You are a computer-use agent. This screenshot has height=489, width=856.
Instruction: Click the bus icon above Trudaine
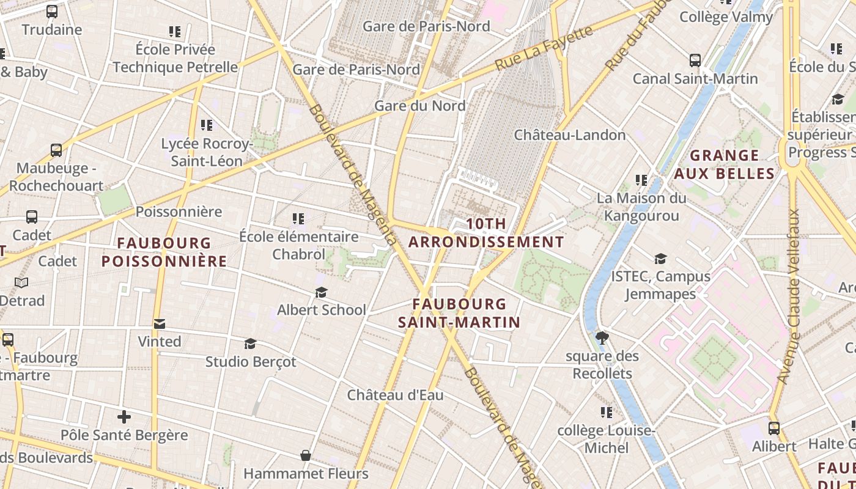click(52, 11)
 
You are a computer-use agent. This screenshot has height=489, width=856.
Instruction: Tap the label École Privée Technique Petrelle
click(175, 58)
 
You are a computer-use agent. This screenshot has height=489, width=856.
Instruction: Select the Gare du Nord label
click(419, 106)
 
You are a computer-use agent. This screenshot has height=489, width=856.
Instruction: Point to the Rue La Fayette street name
click(544, 48)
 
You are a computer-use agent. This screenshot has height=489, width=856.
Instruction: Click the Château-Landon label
click(569, 135)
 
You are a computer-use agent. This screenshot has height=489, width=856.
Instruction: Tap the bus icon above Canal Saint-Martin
click(695, 61)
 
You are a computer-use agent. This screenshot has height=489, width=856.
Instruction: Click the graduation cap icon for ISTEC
click(660, 259)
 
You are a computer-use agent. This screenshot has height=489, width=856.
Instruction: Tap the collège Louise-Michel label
click(606, 439)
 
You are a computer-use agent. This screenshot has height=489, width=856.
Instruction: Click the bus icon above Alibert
click(774, 428)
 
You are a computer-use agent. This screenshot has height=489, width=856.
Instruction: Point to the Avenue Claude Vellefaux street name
click(788, 297)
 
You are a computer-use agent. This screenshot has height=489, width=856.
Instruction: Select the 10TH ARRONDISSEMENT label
click(486, 233)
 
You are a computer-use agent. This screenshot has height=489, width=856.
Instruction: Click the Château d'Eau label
click(395, 395)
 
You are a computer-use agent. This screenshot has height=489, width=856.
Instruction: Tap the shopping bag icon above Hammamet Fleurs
click(306, 455)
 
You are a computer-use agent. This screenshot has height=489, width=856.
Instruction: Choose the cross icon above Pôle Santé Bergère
click(124, 417)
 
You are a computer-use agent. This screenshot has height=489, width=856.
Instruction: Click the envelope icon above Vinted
click(160, 324)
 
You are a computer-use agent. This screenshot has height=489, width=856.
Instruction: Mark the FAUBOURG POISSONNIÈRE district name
click(164, 252)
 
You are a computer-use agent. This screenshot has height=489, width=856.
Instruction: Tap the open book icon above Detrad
click(21, 282)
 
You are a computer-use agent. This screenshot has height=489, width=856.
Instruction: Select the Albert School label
click(321, 310)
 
